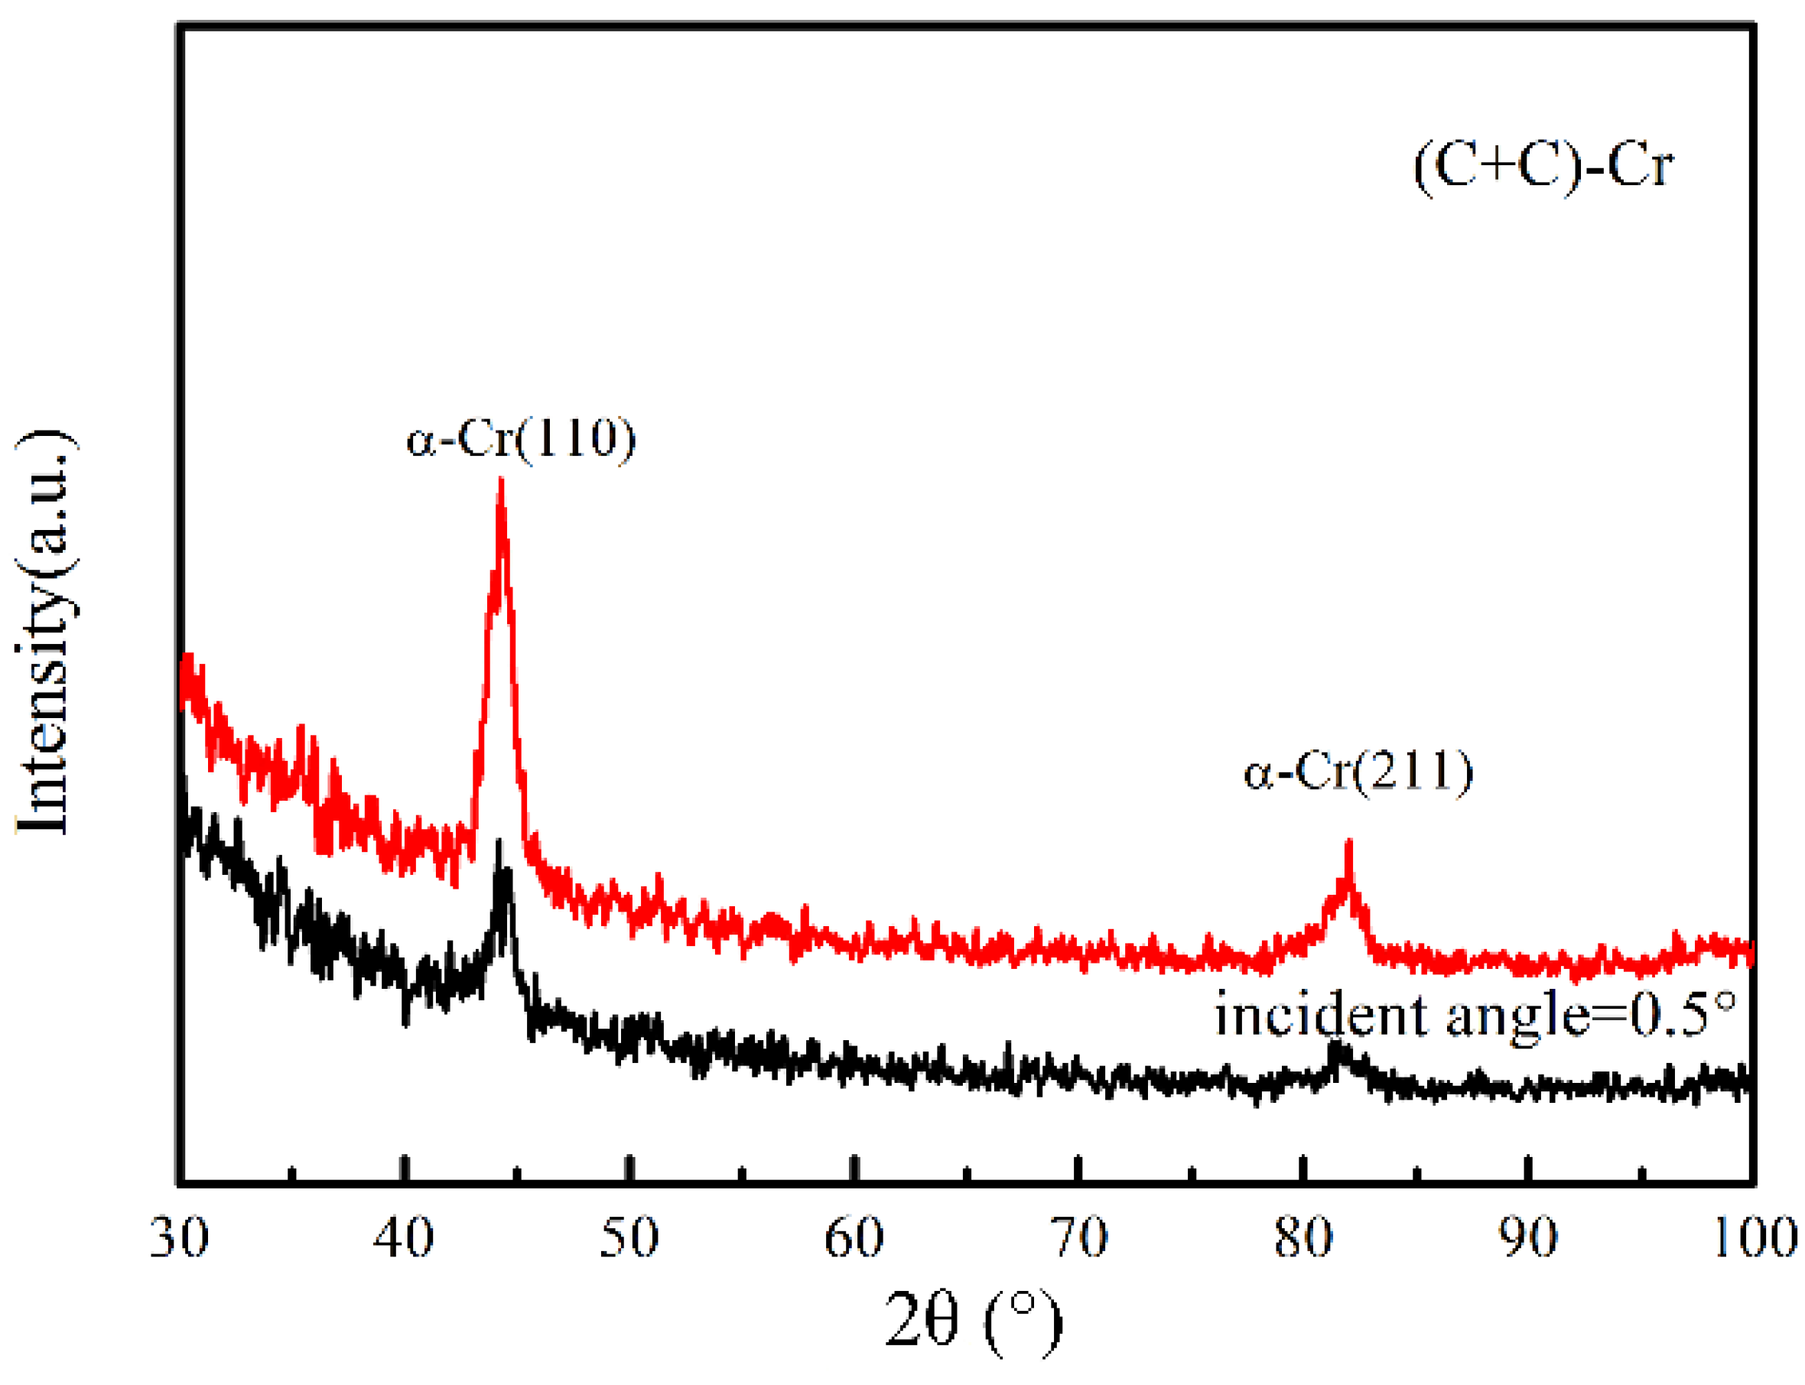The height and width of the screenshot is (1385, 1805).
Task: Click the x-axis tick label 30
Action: coord(179,1237)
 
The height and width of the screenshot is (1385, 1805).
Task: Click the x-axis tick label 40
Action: coord(403,1237)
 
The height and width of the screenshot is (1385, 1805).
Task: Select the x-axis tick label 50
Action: coord(629,1237)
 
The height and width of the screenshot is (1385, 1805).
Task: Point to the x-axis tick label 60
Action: coord(854,1237)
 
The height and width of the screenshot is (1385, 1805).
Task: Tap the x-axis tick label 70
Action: coord(1079,1237)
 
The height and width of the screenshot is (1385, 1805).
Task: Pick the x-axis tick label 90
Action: coord(1528,1237)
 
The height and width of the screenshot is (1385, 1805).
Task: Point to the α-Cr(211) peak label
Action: coord(1358,772)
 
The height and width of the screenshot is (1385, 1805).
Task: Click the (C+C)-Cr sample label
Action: coord(1543,164)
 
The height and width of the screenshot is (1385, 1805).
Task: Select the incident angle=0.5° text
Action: coord(1476,1014)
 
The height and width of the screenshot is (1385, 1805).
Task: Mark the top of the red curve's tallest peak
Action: coord(500,480)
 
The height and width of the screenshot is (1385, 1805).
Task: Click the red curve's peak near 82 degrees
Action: coord(1349,843)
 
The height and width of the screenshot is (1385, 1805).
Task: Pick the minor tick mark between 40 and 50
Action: coord(517,1174)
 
